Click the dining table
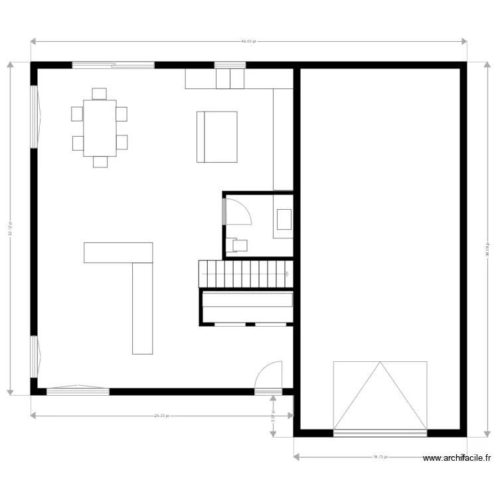pyautogui.click(x=100, y=128)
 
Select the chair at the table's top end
pyautogui.click(x=100, y=94)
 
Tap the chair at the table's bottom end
pyautogui.click(x=100, y=162)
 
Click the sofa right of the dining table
pyautogui.click(x=217, y=137)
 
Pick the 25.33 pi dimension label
pyautogui.click(x=162, y=416)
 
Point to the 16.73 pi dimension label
pyautogui.click(x=380, y=457)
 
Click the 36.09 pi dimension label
pyautogui.click(x=487, y=249)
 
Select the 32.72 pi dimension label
pyautogui.click(x=10, y=228)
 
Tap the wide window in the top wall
pyautogui.click(x=114, y=65)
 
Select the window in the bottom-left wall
pyautogui.click(x=78, y=390)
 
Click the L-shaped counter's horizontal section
pyautogui.click(x=118, y=252)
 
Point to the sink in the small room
pyautogui.click(x=284, y=218)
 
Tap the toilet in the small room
pyautogui.click(x=238, y=245)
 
